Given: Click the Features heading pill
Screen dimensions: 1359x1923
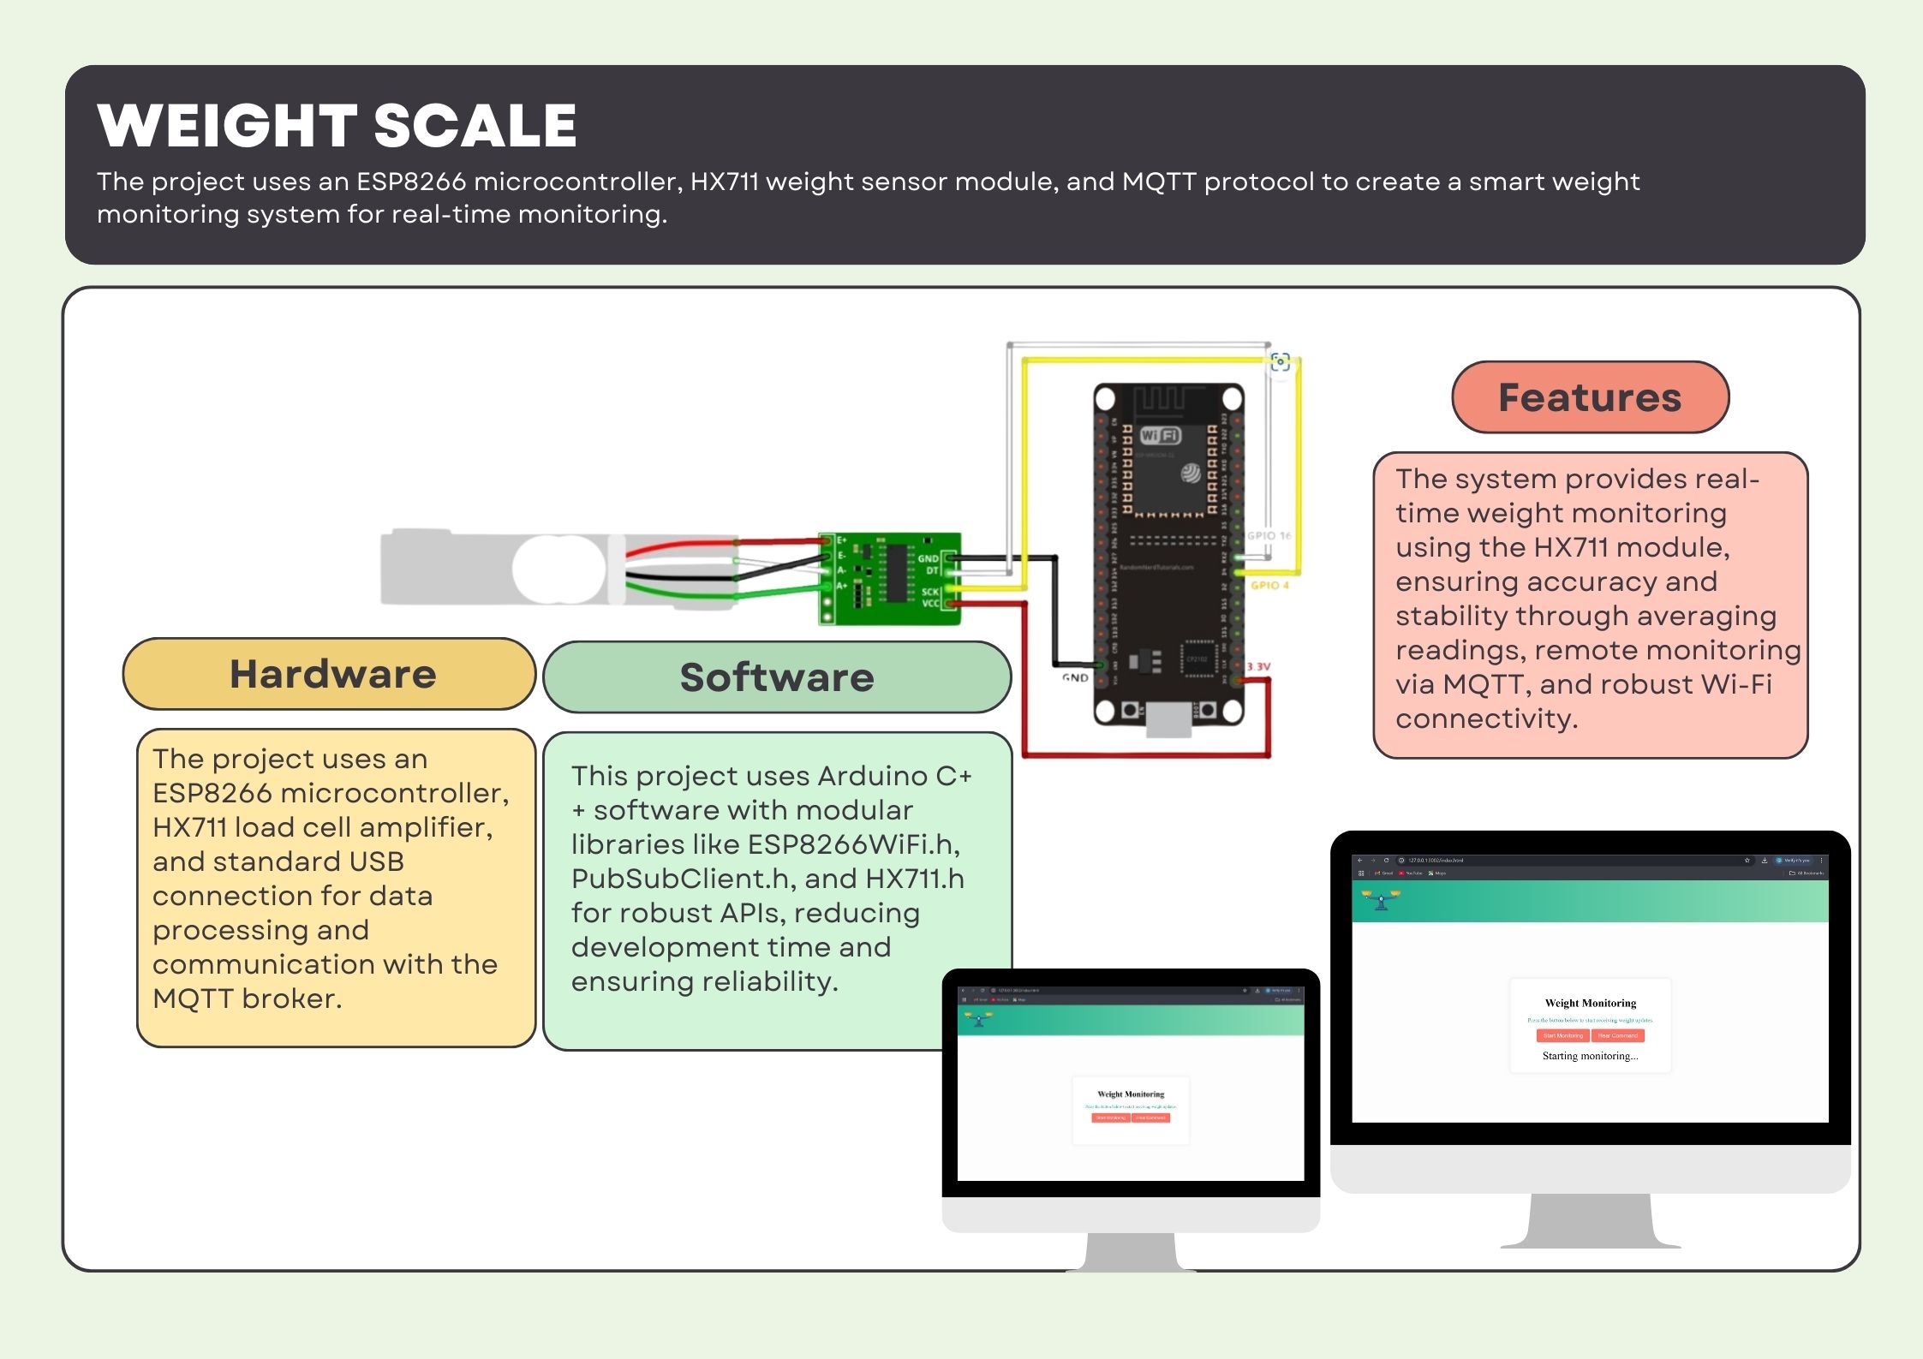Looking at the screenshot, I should [x=1590, y=397].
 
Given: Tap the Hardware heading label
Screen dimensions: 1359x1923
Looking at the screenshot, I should [x=332, y=674].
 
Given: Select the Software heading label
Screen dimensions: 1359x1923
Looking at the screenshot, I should [x=776, y=677].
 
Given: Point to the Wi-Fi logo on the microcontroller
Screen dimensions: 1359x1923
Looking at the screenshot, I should [x=1160, y=435].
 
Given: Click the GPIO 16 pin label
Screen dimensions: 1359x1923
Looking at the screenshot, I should [x=1269, y=535].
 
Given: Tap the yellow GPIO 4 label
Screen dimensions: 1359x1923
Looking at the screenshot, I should [x=1269, y=585].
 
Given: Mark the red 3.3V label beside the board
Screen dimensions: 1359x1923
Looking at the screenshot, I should [x=1258, y=666].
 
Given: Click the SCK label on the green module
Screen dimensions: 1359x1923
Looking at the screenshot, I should [x=929, y=592].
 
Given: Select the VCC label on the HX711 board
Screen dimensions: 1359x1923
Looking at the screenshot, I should [x=929, y=604].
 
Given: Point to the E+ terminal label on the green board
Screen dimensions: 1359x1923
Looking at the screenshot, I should [x=841, y=540].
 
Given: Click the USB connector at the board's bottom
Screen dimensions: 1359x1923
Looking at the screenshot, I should [x=1168, y=719].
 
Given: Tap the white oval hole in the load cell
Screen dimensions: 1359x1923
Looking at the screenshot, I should [x=558, y=567].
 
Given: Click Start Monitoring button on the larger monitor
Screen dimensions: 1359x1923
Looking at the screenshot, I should [x=1562, y=1035].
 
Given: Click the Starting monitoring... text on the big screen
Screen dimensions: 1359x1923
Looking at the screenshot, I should [x=1590, y=1056].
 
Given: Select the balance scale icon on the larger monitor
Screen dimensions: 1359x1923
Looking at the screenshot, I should [x=1381, y=900].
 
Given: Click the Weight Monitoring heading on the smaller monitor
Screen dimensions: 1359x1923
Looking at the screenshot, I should [x=1131, y=1094].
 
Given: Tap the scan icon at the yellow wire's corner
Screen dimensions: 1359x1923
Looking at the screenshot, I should [x=1280, y=361].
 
